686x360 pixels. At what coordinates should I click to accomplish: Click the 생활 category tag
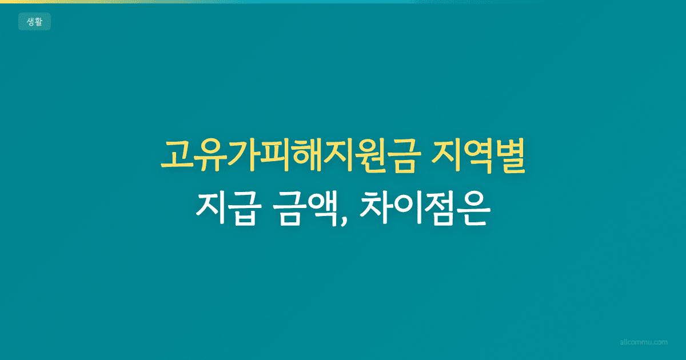coord(34,22)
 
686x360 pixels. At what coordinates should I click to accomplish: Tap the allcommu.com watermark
coord(644,342)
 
